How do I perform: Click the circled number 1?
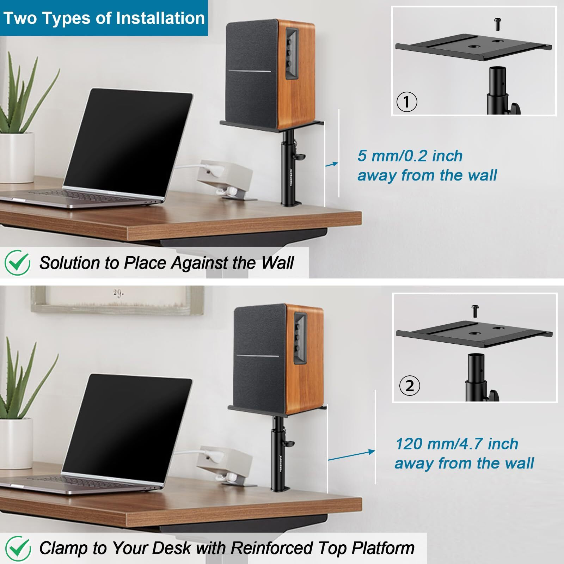click(407, 102)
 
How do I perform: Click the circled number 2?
click(409, 386)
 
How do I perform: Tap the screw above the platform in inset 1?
click(497, 24)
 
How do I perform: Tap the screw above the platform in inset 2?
click(474, 311)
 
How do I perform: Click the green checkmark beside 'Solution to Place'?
click(17, 263)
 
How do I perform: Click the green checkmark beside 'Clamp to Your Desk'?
click(17, 548)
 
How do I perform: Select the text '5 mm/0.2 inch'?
click(410, 156)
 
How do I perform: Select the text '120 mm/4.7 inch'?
click(456, 444)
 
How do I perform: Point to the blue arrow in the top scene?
click(331, 164)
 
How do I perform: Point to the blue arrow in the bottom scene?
click(351, 455)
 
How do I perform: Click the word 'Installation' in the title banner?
click(160, 18)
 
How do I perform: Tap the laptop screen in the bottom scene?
click(127, 427)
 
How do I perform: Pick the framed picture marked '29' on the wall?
click(116, 300)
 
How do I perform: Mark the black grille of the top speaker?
click(250, 74)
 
